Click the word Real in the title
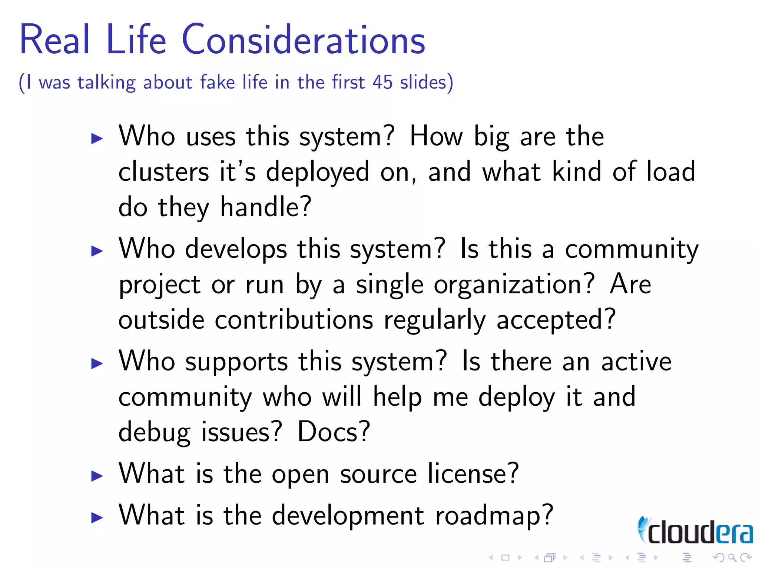tap(55, 40)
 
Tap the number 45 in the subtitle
tap(382, 82)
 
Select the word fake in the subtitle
tap(218, 82)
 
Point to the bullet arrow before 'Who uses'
tap(97, 139)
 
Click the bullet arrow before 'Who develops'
tap(97, 251)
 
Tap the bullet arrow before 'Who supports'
tap(97, 363)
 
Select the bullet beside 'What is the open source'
tap(97, 476)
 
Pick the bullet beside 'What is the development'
tap(97, 518)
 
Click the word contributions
tap(294, 320)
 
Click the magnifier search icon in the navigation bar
tap(732, 558)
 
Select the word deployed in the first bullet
tap(318, 172)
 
